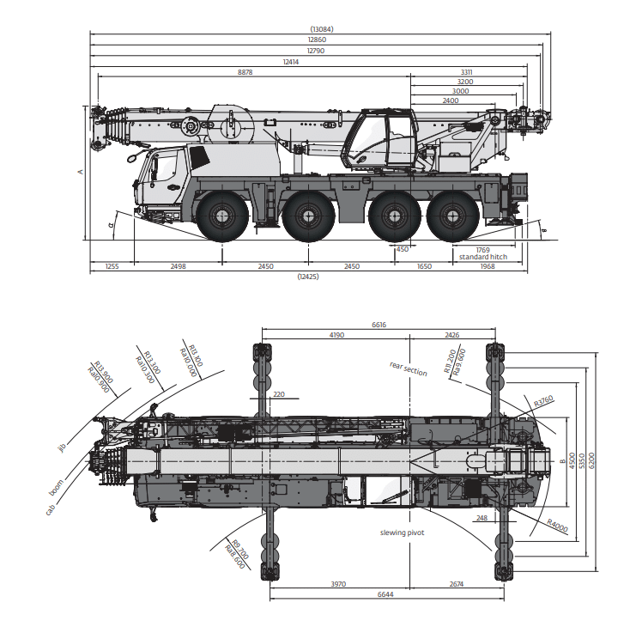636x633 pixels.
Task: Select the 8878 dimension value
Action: coord(245,73)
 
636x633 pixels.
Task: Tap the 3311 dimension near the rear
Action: coord(467,72)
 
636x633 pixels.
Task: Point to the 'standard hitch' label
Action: coord(482,258)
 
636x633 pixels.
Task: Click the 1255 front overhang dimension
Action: coord(112,267)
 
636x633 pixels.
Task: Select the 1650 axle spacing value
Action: coord(424,267)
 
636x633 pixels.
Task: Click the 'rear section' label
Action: coord(408,369)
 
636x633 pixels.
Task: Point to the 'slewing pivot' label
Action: coord(403,533)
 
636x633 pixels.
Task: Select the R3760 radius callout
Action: coord(543,401)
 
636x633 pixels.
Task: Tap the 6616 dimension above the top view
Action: coord(379,326)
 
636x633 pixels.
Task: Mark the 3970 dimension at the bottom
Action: coord(338,584)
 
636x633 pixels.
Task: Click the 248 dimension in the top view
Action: coord(480,518)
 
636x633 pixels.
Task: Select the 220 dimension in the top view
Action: coord(277,394)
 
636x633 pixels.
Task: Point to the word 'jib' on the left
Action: coord(62,447)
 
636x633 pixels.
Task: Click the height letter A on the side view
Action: coord(80,173)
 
